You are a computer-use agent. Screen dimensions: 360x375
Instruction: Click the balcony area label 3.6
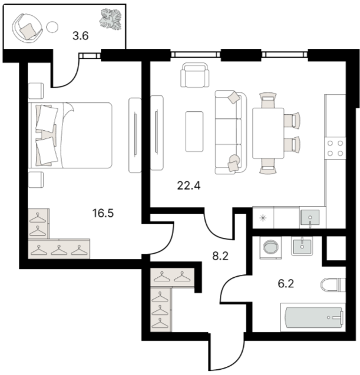click(80, 36)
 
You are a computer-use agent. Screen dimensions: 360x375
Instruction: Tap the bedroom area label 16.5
click(103, 213)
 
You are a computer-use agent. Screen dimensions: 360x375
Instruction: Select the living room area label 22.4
click(189, 185)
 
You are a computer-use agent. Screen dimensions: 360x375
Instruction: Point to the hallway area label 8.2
click(220, 256)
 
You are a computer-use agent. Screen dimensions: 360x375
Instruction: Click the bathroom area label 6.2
click(286, 284)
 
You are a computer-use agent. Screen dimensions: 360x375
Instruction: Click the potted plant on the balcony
click(110, 19)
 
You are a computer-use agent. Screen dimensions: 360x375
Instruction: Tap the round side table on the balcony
click(52, 27)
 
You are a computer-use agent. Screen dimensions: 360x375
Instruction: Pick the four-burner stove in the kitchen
click(335, 148)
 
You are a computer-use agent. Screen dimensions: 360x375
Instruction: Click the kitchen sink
click(310, 217)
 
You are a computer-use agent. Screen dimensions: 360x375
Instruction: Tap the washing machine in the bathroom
click(270, 247)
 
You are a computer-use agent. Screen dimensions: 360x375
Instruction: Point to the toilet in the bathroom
click(333, 285)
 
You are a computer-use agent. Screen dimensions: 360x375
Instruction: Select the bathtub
click(313, 317)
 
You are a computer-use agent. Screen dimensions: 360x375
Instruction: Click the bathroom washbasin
click(302, 246)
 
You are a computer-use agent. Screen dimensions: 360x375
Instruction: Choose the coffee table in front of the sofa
click(194, 131)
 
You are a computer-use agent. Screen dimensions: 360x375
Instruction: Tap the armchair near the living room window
click(195, 75)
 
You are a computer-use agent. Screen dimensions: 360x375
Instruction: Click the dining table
click(268, 133)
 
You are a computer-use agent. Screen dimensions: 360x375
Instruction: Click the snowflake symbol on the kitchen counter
click(263, 218)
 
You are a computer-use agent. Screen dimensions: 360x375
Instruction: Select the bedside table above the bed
click(36, 91)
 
